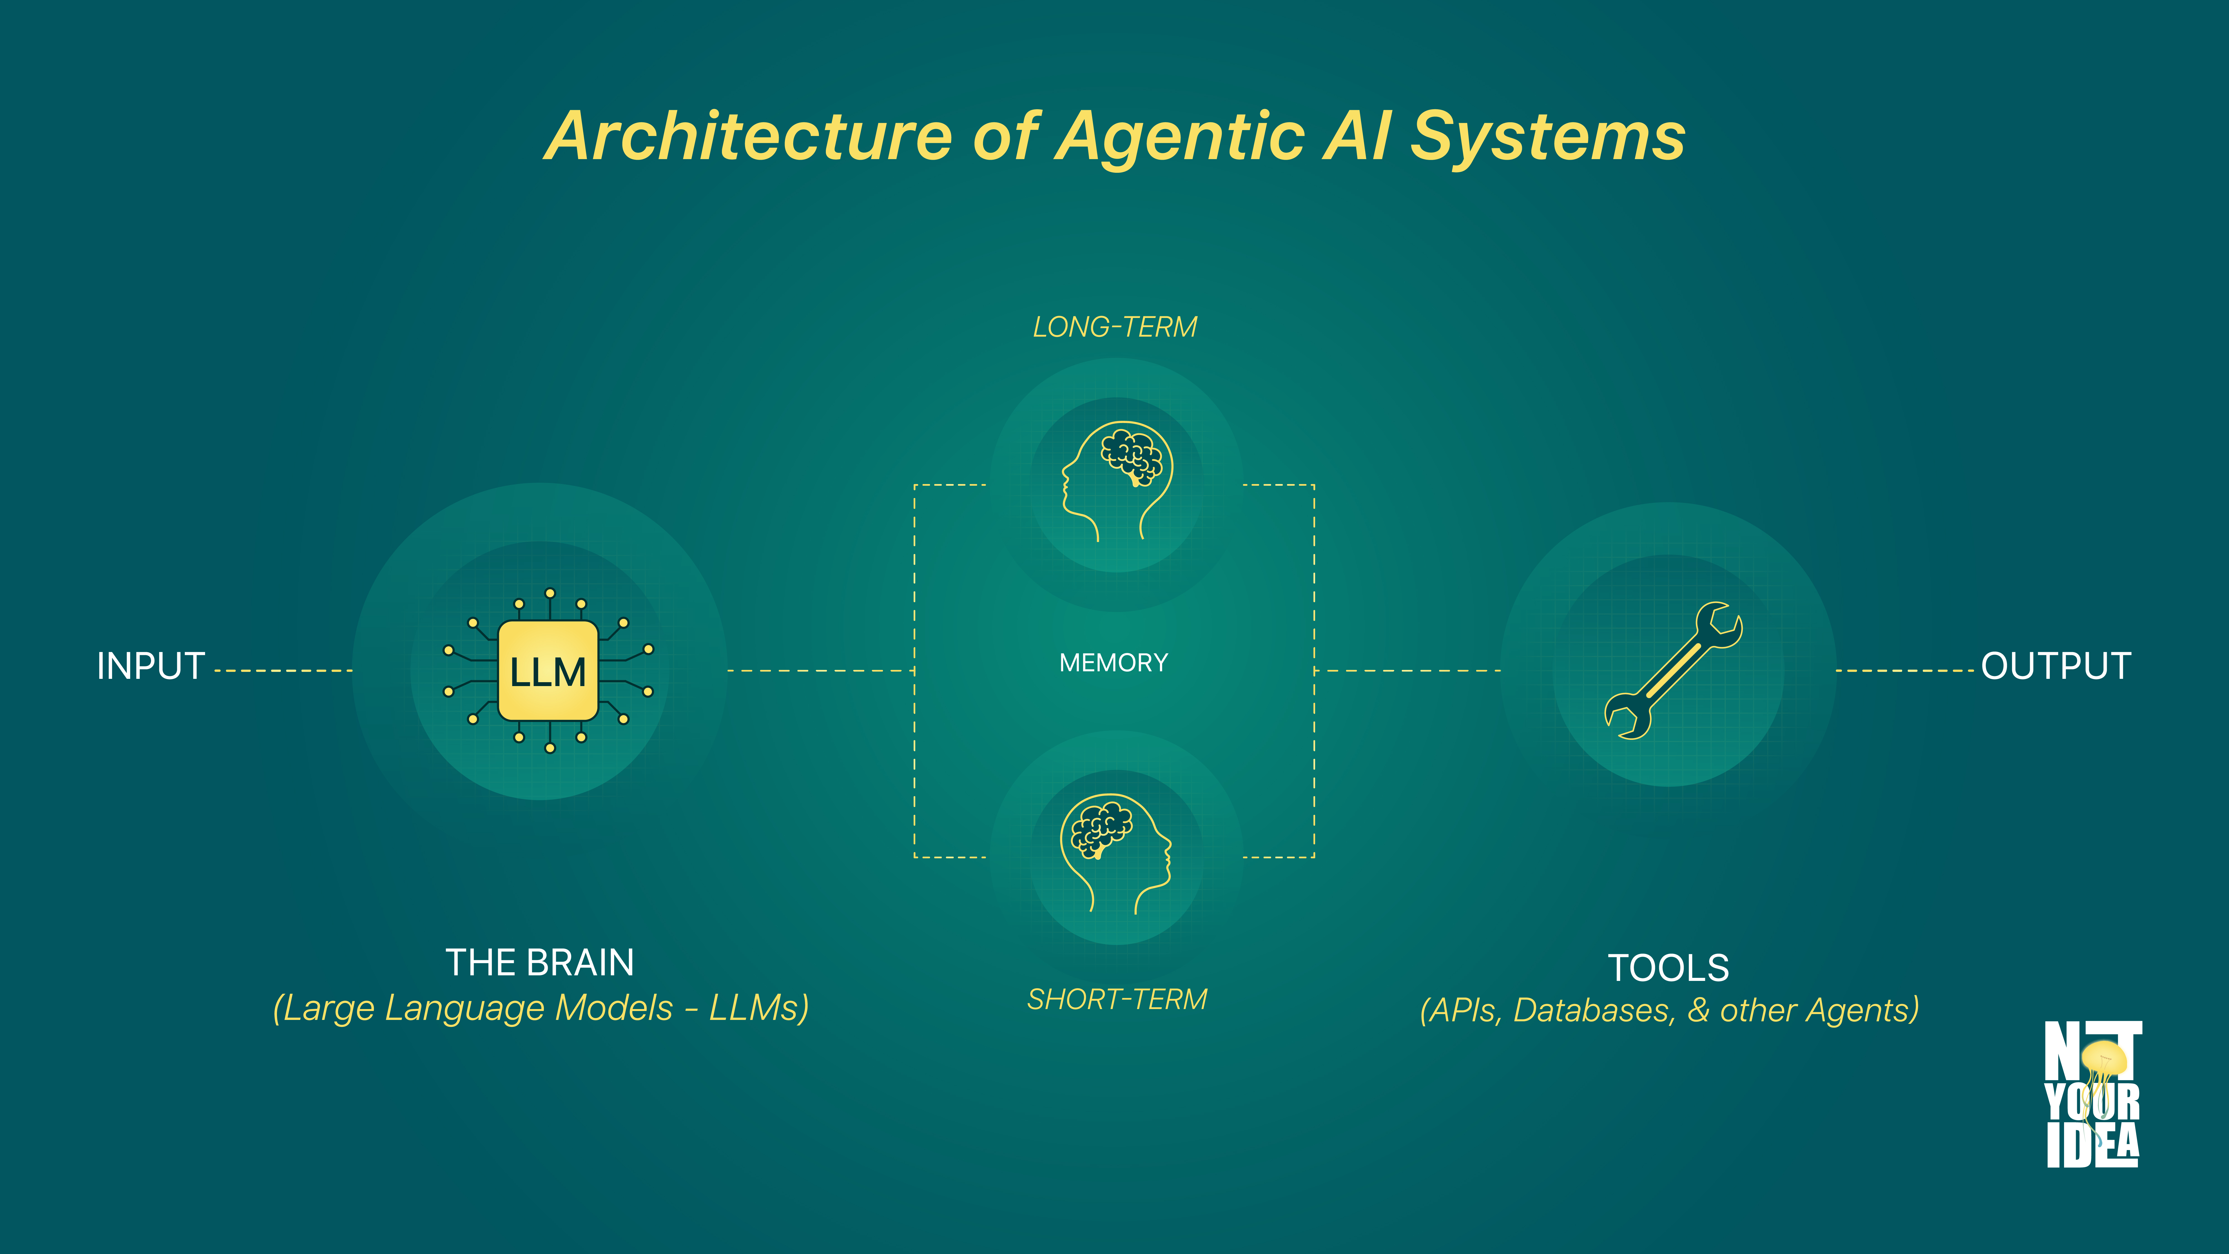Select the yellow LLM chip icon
pos(548,671)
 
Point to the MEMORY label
pos(1114,663)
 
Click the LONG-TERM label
pos(1114,327)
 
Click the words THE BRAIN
pos(540,962)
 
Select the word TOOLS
pos(1668,968)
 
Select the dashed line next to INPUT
pos(283,671)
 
